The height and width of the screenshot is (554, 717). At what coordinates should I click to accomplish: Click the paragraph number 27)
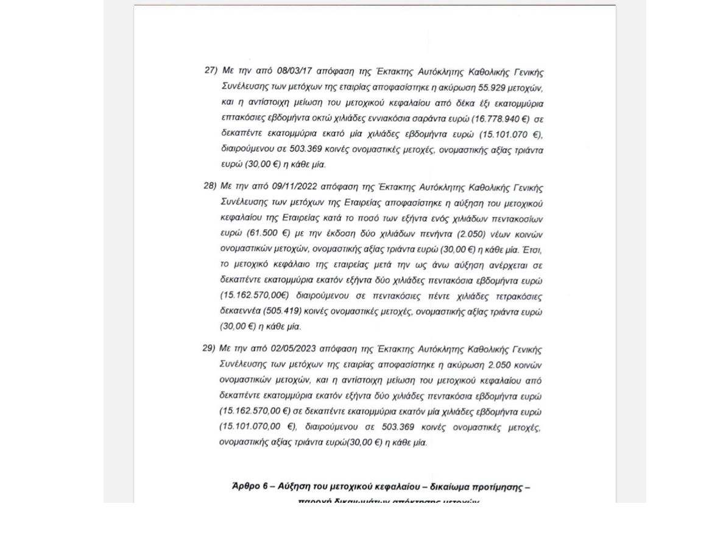click(x=211, y=70)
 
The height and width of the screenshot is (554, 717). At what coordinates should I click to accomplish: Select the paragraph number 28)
click(x=210, y=185)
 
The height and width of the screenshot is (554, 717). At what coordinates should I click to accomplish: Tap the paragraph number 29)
click(x=209, y=348)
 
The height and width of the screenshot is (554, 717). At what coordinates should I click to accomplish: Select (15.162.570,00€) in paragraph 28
click(x=253, y=296)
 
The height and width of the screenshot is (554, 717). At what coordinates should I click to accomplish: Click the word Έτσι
click(x=532, y=249)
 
